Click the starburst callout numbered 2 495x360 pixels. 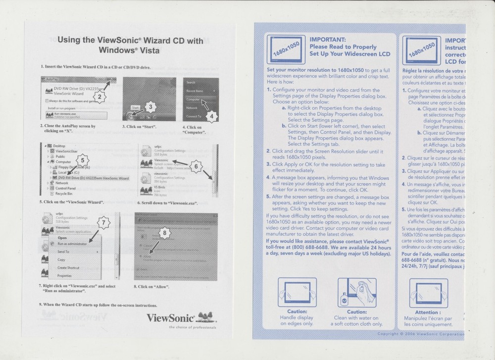pos(100,97)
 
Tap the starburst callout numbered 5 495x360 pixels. pos(83,159)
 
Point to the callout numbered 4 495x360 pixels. pos(211,116)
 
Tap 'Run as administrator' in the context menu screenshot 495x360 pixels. pos(72,244)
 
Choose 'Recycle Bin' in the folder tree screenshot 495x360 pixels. pos(65,194)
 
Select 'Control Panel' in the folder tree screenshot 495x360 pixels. pos(65,188)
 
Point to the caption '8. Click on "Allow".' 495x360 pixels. pos(151,287)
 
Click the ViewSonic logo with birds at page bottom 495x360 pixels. pos(182,317)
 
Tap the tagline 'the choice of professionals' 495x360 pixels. pos(192,327)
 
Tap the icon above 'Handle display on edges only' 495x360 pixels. pos(297,293)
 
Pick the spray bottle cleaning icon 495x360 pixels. pos(357,293)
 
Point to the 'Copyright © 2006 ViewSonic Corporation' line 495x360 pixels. pos(421,334)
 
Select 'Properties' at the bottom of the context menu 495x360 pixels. pos(64,275)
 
